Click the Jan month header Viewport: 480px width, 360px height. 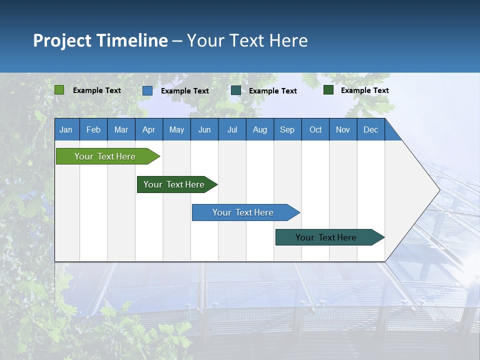(66, 129)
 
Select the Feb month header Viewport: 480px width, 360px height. (93, 129)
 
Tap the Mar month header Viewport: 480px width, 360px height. (121, 129)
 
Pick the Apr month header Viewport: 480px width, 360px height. (149, 129)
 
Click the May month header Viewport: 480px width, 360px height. (176, 129)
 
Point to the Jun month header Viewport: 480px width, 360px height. (204, 129)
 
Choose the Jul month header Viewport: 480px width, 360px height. (232, 129)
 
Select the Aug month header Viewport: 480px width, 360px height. (260, 129)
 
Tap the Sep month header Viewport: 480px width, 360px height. (287, 129)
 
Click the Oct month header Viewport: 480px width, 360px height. (315, 129)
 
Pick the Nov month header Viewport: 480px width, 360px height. (343, 129)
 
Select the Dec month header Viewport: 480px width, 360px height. (371, 129)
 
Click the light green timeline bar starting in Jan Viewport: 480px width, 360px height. (105, 156)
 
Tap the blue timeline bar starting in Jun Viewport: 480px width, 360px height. (243, 212)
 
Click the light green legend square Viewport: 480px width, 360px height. (59, 90)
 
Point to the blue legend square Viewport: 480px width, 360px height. (147, 90)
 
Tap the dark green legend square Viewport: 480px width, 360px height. (328, 90)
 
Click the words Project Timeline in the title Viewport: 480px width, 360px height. (100, 40)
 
